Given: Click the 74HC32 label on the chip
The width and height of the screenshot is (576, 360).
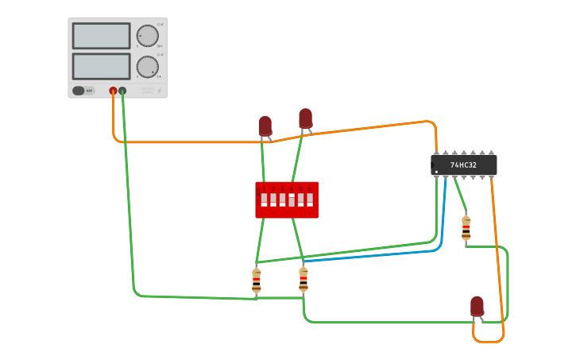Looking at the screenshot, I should (464, 165).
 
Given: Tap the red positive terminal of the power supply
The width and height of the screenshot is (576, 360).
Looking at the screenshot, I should (113, 91).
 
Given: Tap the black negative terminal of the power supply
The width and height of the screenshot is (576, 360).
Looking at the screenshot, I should (122, 91).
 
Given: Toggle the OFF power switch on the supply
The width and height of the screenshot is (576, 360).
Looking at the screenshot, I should (83, 91).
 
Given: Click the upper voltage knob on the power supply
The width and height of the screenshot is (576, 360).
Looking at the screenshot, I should (147, 36).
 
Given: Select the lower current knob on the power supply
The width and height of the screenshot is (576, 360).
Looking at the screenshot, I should (147, 67).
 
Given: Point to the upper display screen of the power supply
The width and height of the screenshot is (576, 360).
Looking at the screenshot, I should (101, 36).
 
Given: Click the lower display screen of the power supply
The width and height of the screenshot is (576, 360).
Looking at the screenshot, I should (101, 66).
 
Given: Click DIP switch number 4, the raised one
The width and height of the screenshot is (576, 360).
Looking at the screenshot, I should (292, 199).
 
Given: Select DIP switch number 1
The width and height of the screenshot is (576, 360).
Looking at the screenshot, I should (264, 199).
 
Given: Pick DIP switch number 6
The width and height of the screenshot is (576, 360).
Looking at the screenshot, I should (310, 199).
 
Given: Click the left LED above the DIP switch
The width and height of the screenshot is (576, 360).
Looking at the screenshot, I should (265, 126).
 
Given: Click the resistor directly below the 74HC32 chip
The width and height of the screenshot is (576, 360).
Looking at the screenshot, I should (466, 228).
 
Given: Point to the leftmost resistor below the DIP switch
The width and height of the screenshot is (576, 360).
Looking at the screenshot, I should (256, 281).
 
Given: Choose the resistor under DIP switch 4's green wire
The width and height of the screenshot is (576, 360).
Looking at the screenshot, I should (303, 279).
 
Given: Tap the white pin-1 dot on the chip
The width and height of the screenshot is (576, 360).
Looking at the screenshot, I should (436, 172).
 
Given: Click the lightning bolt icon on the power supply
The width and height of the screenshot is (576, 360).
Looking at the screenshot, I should (159, 91).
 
